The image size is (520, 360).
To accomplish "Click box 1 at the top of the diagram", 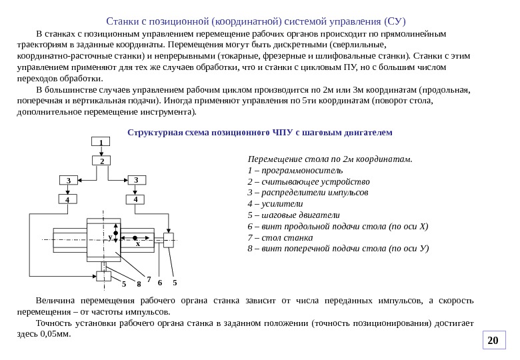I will click(x=101, y=142).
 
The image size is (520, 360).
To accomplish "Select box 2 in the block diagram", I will click(x=101, y=161).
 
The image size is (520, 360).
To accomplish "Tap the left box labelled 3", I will click(x=69, y=180).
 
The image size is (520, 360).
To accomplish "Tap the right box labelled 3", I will click(x=135, y=180).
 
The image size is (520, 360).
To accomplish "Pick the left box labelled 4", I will click(x=68, y=199).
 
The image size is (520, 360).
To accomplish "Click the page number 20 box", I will click(x=493, y=341).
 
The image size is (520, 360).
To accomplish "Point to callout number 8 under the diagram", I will click(x=139, y=285).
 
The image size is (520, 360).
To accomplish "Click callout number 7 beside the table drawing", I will click(x=149, y=278).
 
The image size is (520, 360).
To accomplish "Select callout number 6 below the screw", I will click(x=161, y=281).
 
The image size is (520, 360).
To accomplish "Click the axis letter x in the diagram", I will click(x=138, y=244).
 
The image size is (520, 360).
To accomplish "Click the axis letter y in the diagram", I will click(x=110, y=237).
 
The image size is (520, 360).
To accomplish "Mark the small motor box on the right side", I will click(x=169, y=240).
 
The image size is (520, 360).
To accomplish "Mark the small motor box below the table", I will click(x=104, y=275).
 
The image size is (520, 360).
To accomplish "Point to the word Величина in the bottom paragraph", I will click(x=57, y=301).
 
